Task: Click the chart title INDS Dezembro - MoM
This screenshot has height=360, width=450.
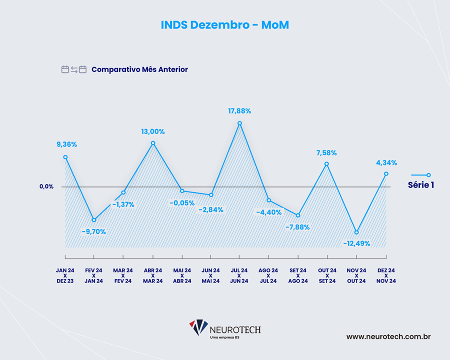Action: [x=225, y=25]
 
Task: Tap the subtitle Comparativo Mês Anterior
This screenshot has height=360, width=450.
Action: [x=139, y=69]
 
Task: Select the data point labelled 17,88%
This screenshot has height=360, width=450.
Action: [x=240, y=123]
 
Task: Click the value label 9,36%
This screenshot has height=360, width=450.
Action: [x=66, y=144]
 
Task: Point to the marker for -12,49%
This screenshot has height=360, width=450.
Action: [x=356, y=232]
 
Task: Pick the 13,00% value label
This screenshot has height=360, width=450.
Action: [x=152, y=131]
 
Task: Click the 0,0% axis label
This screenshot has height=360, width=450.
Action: [x=46, y=186]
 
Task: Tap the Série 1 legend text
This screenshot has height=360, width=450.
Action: [x=421, y=184]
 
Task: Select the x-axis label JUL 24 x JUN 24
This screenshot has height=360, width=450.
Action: [x=239, y=275]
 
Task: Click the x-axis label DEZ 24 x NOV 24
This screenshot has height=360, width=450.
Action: [x=386, y=275]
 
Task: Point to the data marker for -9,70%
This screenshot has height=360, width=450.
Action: [x=94, y=220]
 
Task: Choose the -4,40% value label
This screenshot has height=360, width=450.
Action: [x=269, y=212]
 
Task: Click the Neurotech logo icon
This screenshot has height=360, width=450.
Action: [x=198, y=328]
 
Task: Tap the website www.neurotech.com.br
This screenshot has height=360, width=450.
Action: [x=388, y=336]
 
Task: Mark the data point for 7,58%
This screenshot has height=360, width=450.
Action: [x=327, y=164]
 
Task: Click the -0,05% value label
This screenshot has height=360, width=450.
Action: [x=182, y=202]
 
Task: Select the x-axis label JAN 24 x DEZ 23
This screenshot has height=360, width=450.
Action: [x=65, y=275]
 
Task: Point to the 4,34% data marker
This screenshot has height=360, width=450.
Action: [x=386, y=174]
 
